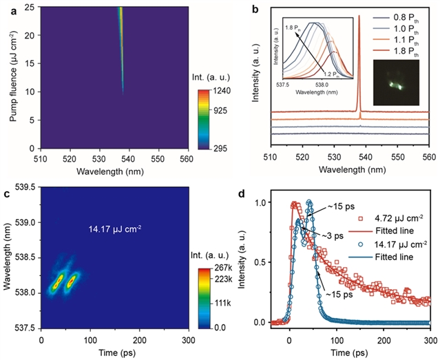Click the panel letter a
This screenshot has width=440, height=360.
6,10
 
